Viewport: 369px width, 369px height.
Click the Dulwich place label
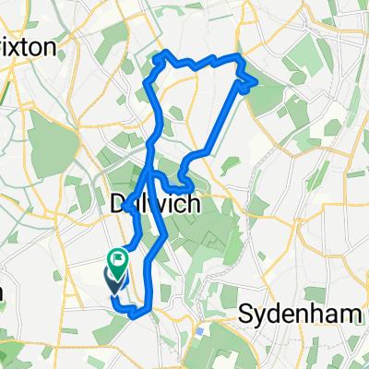[x=154, y=205]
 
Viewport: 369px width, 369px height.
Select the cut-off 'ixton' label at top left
[x=28, y=47]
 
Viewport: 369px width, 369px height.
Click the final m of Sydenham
[x=351, y=314]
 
